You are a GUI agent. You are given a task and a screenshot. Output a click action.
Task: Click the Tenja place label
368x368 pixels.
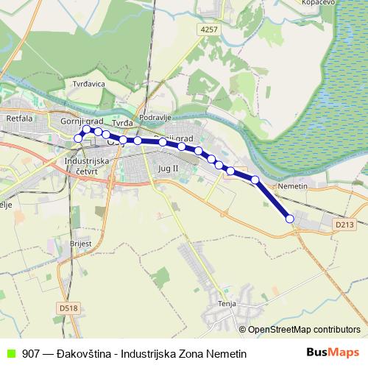(x=226, y=302)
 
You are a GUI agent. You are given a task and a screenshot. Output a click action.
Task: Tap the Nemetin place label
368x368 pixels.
(x=292, y=187)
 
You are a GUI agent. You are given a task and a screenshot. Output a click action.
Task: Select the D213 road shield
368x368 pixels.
(x=343, y=224)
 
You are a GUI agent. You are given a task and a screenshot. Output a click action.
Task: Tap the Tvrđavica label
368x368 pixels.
(x=89, y=84)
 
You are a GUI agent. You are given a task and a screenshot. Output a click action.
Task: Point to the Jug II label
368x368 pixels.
(x=169, y=169)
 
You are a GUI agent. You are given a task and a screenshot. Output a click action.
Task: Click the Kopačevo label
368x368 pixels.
(x=319, y=3)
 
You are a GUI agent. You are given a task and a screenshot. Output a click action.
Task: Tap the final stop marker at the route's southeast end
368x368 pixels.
(x=289, y=219)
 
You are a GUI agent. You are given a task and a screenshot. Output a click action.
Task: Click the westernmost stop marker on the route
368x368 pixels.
(x=78, y=138)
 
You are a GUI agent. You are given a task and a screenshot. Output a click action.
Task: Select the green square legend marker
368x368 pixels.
(x=10, y=354)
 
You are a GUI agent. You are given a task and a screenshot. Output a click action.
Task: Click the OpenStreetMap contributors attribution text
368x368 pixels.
(x=304, y=329)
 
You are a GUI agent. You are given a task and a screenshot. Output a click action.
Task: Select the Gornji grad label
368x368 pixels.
(x=81, y=121)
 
